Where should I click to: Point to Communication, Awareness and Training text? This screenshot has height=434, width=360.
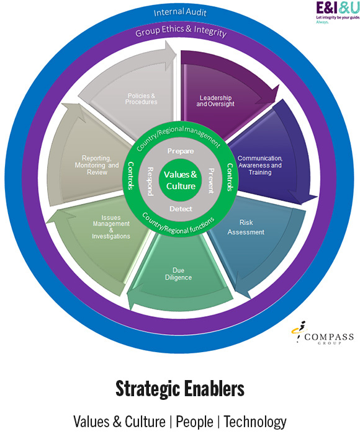(x=259, y=166)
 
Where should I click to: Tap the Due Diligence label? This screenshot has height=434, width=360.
(x=182, y=273)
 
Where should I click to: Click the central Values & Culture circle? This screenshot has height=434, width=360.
(x=181, y=180)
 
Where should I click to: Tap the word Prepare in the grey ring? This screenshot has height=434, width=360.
(x=181, y=151)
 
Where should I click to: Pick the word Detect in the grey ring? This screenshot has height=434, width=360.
(x=181, y=209)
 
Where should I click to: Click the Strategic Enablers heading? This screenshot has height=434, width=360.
(x=180, y=389)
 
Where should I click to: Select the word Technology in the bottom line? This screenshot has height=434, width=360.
(x=255, y=422)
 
